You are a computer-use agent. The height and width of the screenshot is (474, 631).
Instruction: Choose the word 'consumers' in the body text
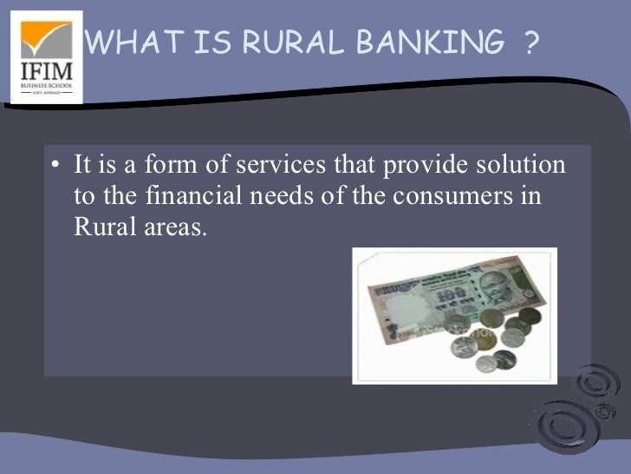[x=449, y=196]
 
